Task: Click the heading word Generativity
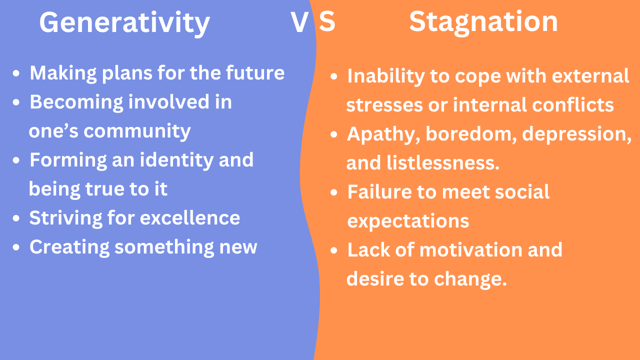(x=124, y=23)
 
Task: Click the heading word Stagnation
(x=483, y=22)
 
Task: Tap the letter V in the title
(x=299, y=22)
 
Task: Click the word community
(x=137, y=132)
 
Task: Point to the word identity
(x=176, y=160)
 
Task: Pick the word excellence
(x=189, y=217)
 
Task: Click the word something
(x=164, y=247)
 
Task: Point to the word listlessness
(x=442, y=162)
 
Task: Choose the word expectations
(x=408, y=221)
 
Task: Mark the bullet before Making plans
(x=16, y=73)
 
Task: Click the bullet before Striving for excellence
(x=16, y=218)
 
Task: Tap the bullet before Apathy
(x=333, y=134)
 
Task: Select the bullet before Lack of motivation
(x=333, y=250)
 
